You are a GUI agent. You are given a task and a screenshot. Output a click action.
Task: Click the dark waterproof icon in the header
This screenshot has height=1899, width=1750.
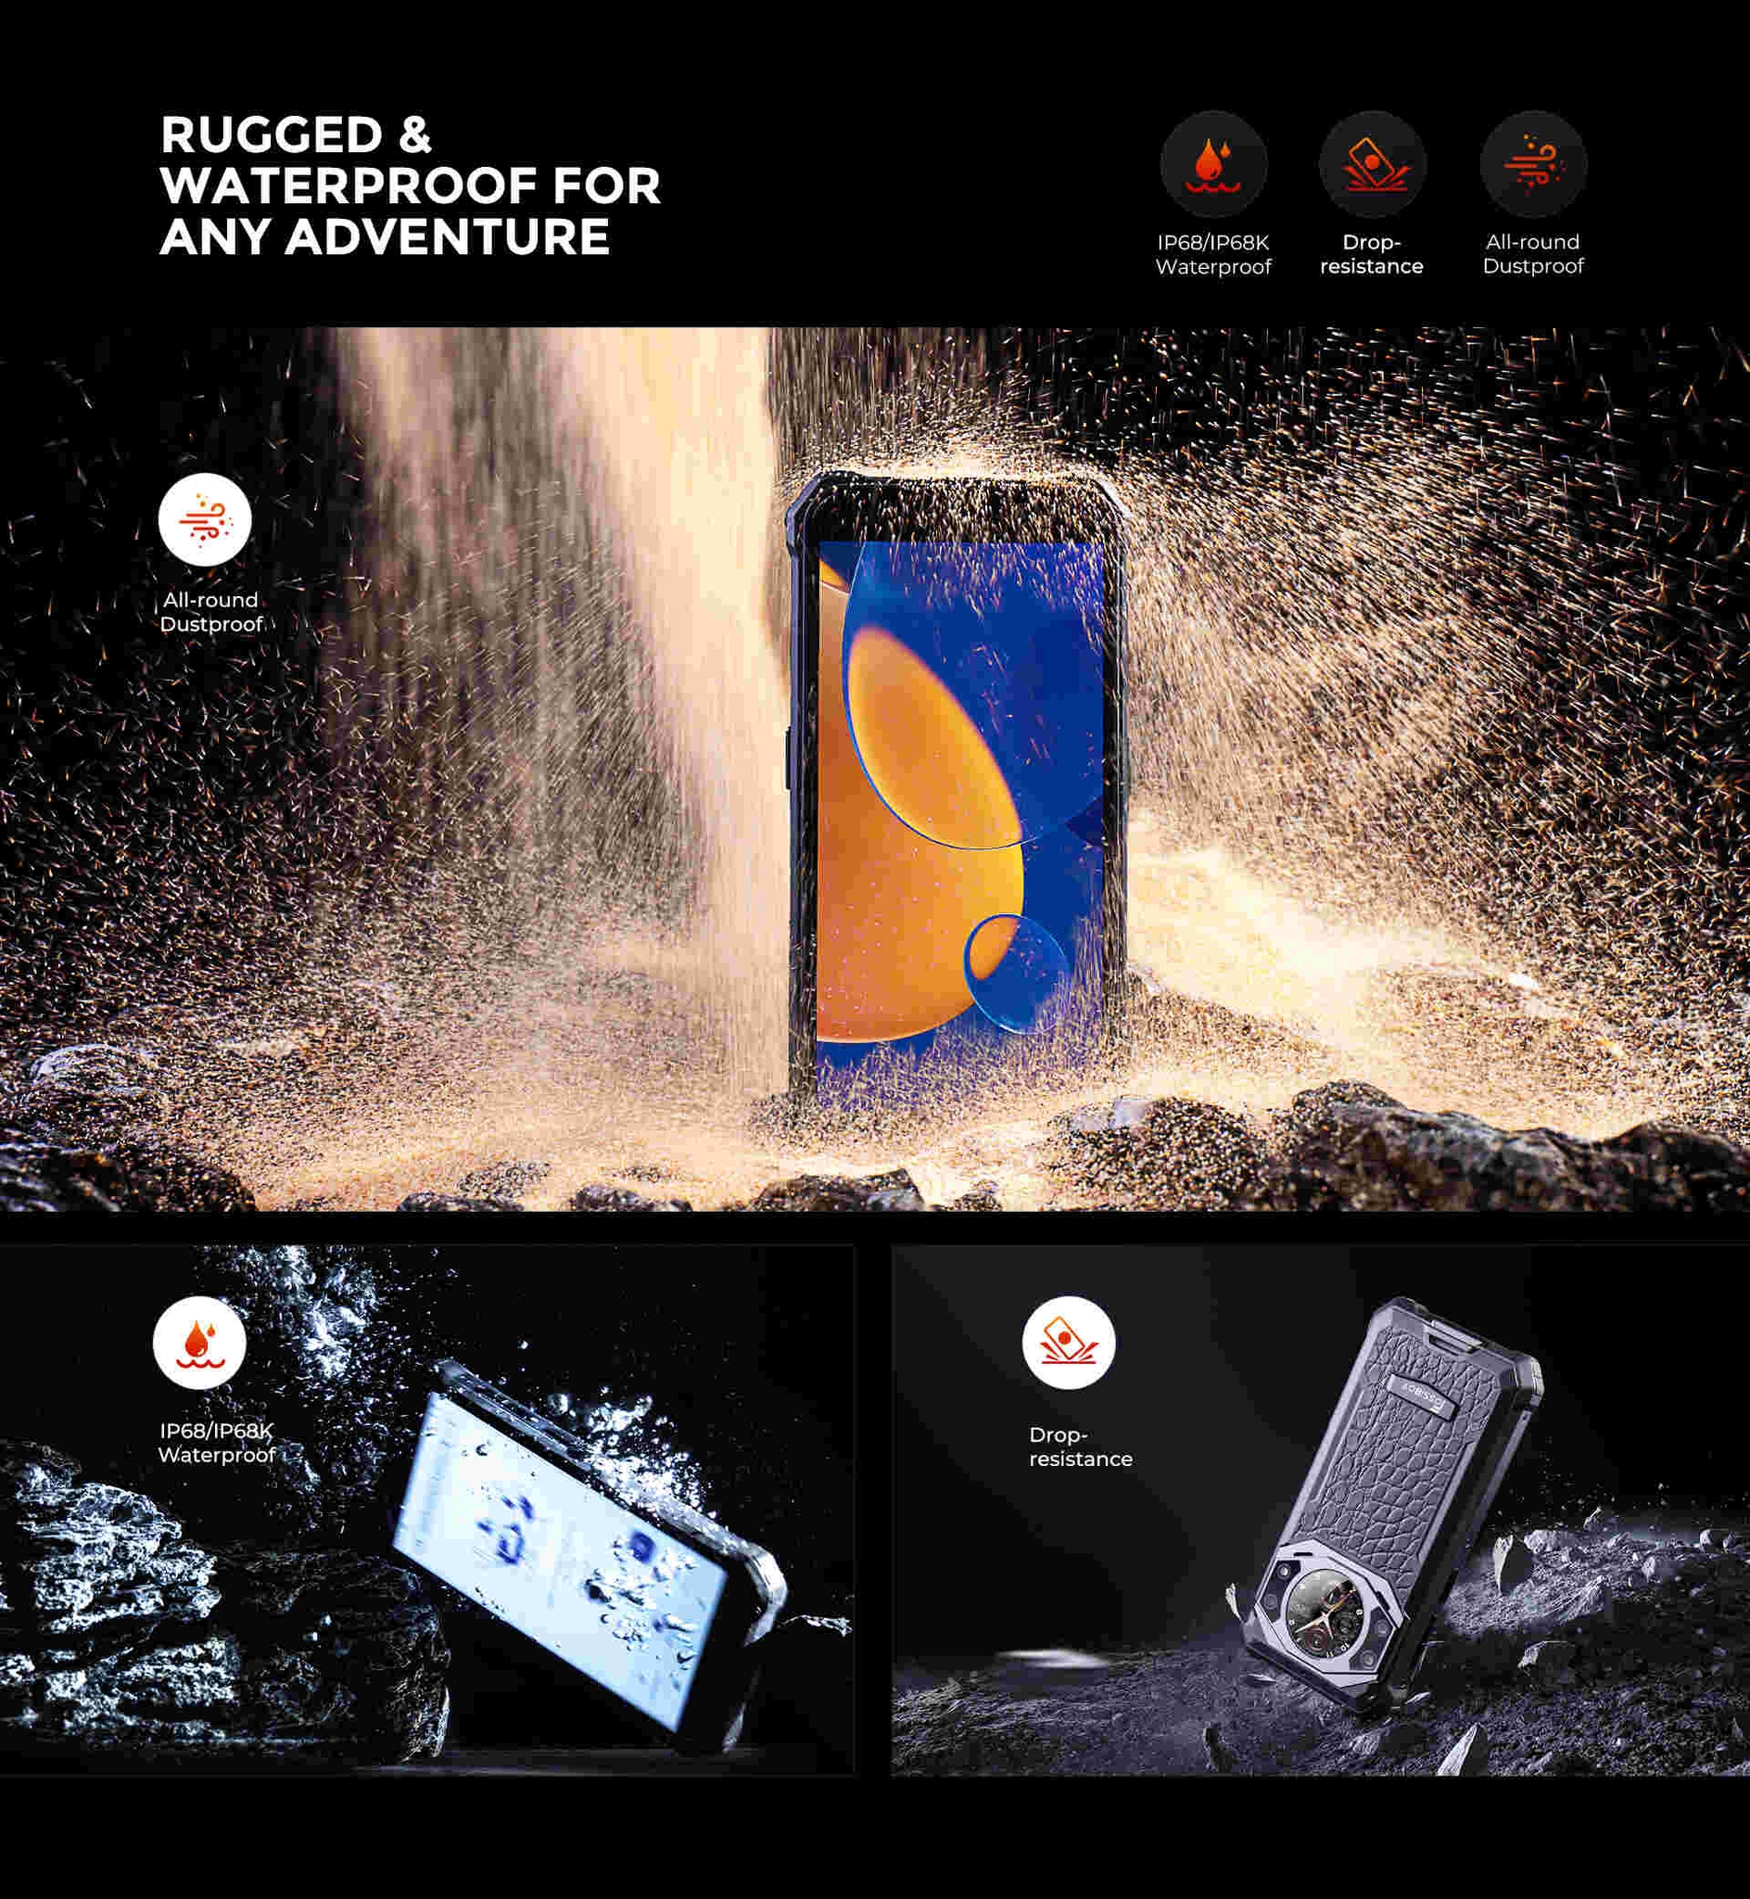[x=1213, y=165]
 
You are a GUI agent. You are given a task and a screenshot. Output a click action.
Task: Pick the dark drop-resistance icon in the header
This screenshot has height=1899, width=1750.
[x=1372, y=165]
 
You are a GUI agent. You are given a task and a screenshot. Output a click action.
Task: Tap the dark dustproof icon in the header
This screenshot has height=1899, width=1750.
[x=1533, y=165]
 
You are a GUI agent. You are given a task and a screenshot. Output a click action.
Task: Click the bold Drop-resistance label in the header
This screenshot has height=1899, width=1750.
[x=1371, y=254]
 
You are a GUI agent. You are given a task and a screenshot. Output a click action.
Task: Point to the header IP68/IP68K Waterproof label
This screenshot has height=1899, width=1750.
[x=1213, y=254]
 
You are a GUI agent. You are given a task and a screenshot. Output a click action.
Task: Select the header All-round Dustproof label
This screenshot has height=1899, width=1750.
[x=1533, y=254]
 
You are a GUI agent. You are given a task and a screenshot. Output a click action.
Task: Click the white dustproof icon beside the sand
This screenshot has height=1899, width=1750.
[x=205, y=520]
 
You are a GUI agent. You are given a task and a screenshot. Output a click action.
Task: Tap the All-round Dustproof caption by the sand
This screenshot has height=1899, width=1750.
[x=210, y=612]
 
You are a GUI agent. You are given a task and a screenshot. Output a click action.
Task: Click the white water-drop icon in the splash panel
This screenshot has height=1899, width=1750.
[x=200, y=1342]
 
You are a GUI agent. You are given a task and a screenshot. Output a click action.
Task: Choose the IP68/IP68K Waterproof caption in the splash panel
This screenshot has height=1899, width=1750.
[x=216, y=1443]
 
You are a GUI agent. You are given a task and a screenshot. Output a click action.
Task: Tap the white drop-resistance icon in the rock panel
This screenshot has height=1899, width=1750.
[x=1068, y=1342]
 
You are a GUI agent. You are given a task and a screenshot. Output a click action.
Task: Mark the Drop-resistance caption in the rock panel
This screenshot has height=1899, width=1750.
[x=1081, y=1447]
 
